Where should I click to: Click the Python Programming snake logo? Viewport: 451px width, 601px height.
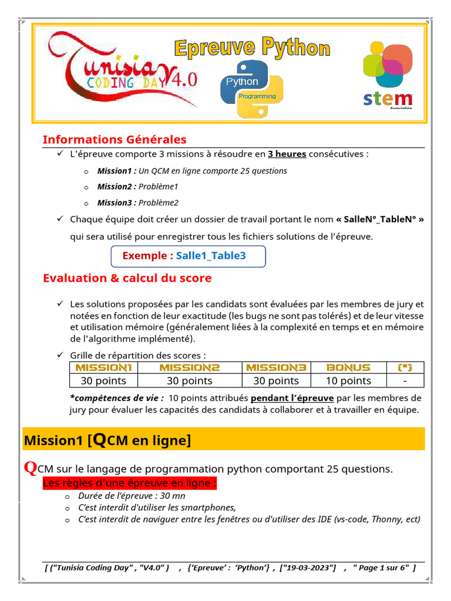[x=252, y=89]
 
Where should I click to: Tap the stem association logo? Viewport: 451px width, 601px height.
[x=387, y=74]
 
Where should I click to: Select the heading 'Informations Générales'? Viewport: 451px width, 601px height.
[x=115, y=140]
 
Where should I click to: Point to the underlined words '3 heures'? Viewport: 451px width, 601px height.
[x=287, y=154]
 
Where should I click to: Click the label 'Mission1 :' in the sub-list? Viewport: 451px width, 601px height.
[x=117, y=171]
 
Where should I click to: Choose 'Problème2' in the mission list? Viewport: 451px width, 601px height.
[x=159, y=202]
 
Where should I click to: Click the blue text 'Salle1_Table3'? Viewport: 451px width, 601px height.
[x=211, y=256]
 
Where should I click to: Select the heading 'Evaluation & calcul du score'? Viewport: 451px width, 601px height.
[x=127, y=278]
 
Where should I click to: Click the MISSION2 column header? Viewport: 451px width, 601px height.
[x=190, y=367]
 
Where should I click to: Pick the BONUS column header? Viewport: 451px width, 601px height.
[x=348, y=367]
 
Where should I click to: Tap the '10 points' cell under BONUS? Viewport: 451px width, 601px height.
[x=348, y=381]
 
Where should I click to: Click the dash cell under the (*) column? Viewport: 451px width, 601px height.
[x=405, y=381]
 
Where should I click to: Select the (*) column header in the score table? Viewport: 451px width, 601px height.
[x=405, y=367]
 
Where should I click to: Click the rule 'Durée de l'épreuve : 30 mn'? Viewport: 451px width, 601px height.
[x=132, y=496]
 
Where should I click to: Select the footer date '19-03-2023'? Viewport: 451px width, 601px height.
[x=309, y=568]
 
